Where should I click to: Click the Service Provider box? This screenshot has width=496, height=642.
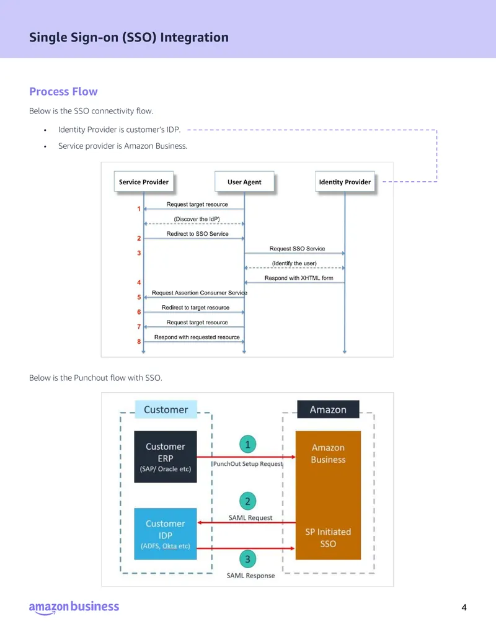click(144, 182)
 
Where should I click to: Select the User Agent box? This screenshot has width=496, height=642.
click(244, 182)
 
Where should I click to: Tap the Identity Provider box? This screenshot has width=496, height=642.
click(345, 182)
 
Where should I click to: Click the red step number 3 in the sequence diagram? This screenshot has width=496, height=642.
click(139, 253)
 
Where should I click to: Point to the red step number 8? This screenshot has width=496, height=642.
click(139, 342)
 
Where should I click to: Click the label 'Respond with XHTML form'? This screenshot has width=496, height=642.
click(299, 278)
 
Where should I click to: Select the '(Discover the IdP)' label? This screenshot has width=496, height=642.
click(197, 219)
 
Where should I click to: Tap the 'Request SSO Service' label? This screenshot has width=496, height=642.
click(297, 249)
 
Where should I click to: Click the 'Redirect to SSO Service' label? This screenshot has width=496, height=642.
click(197, 234)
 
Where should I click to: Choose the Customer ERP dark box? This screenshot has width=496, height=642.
click(166, 457)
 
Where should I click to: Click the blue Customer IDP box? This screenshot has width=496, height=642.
click(166, 534)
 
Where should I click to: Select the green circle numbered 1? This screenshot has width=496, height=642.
click(247, 444)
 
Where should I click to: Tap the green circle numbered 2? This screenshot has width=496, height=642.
click(247, 501)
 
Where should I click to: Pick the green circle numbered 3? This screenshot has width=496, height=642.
click(247, 559)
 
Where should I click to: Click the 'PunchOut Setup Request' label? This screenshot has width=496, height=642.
click(247, 464)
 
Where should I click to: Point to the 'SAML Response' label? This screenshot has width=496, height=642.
click(251, 576)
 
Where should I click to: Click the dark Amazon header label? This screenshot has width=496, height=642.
click(328, 409)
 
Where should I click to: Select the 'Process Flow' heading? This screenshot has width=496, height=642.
click(63, 91)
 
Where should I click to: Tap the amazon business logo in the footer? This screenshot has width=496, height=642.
click(74, 608)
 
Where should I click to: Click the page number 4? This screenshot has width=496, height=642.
click(464, 608)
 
